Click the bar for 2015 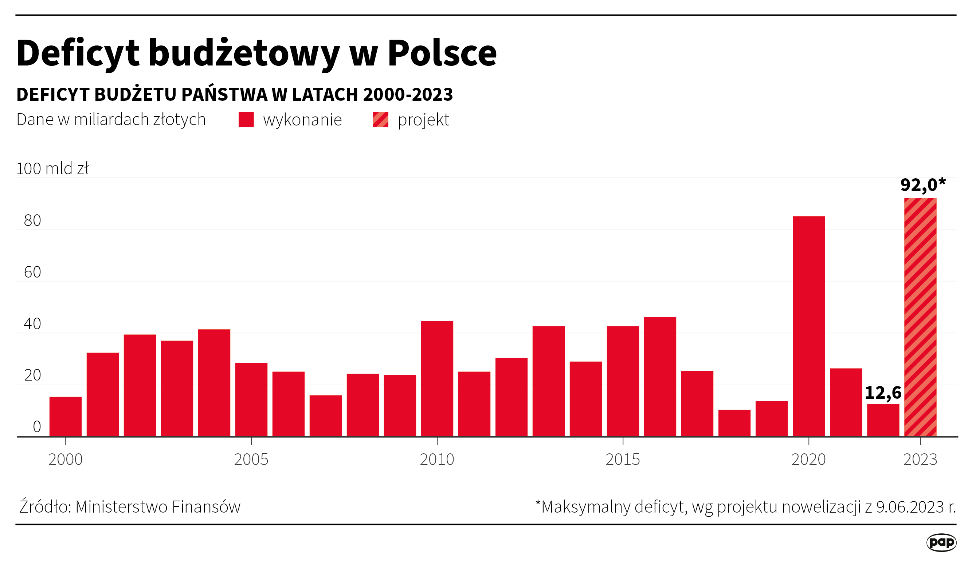pyautogui.click(x=623, y=381)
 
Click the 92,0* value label pyautogui.click(x=922, y=185)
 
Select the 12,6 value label pyautogui.click(x=883, y=393)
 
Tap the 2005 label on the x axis pyautogui.click(x=251, y=459)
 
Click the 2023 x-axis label pyautogui.click(x=920, y=459)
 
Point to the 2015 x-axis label pyautogui.click(x=623, y=459)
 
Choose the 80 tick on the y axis pyautogui.click(x=32, y=220)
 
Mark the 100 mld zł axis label pyautogui.click(x=52, y=169)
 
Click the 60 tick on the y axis pyautogui.click(x=32, y=272)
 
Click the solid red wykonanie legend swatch pyautogui.click(x=246, y=119)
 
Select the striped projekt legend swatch pyautogui.click(x=380, y=119)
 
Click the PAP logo pyautogui.click(x=941, y=542)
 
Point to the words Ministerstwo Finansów pyautogui.click(x=158, y=507)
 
